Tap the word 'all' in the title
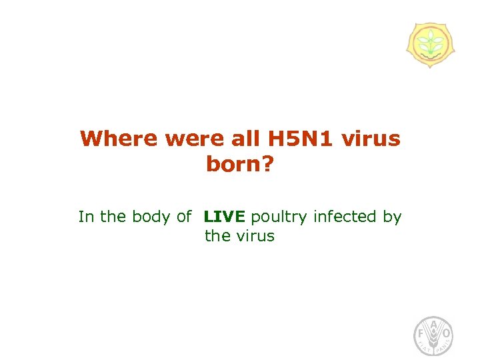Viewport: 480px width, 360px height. coord(245,139)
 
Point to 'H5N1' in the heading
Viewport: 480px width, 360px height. coord(300,139)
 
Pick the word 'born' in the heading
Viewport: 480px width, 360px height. coord(234,164)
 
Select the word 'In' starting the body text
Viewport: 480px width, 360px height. coord(85,217)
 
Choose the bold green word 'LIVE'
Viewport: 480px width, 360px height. coord(225,217)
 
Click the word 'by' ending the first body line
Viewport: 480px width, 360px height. coord(392,217)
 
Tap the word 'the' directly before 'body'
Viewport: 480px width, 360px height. coord(113,217)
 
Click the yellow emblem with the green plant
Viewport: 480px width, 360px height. coord(430,45)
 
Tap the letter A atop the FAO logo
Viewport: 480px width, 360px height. coord(433,324)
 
